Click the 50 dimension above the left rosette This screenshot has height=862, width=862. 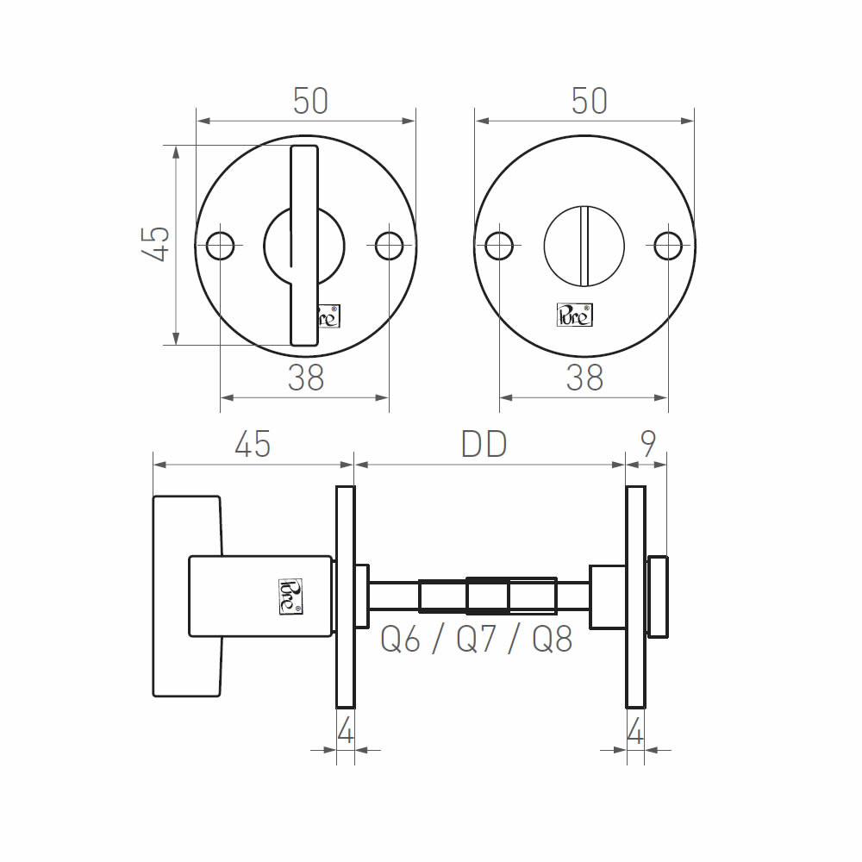point(310,101)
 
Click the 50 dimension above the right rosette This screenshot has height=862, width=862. point(590,101)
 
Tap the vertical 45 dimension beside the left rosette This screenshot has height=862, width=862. point(155,244)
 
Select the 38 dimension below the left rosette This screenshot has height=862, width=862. point(306,378)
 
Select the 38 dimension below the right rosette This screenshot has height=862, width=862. point(585,378)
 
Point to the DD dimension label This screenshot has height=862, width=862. point(484,444)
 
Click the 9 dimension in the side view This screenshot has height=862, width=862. point(649,444)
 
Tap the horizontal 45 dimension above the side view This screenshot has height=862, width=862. point(253,444)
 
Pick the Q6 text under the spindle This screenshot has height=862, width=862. point(400,639)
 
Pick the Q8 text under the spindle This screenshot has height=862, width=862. point(553,639)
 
